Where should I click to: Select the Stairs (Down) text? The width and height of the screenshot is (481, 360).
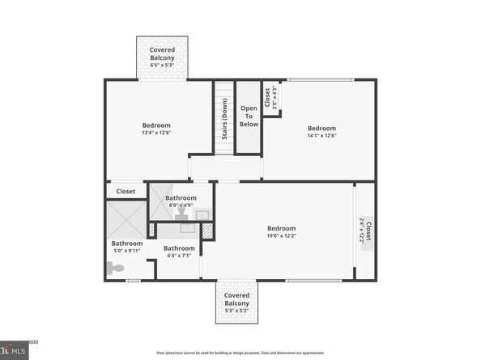(x=224, y=120)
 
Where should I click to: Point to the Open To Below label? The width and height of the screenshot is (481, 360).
(x=249, y=116)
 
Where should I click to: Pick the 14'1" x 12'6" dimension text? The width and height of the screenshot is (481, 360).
(x=321, y=137)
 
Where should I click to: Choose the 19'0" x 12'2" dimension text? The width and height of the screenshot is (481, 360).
(x=281, y=237)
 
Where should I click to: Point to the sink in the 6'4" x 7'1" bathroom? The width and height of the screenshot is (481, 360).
(x=187, y=227)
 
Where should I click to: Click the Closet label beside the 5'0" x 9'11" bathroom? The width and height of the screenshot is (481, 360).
(x=126, y=192)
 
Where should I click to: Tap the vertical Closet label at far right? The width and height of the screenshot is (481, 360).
(x=366, y=232)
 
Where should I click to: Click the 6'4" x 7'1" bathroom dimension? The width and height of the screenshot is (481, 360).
(x=179, y=256)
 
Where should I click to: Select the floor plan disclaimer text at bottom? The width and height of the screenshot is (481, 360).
(x=240, y=353)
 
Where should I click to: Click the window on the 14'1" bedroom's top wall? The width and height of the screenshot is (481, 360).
(x=321, y=79)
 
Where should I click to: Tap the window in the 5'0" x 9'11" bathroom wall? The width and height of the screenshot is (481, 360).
(x=133, y=281)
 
